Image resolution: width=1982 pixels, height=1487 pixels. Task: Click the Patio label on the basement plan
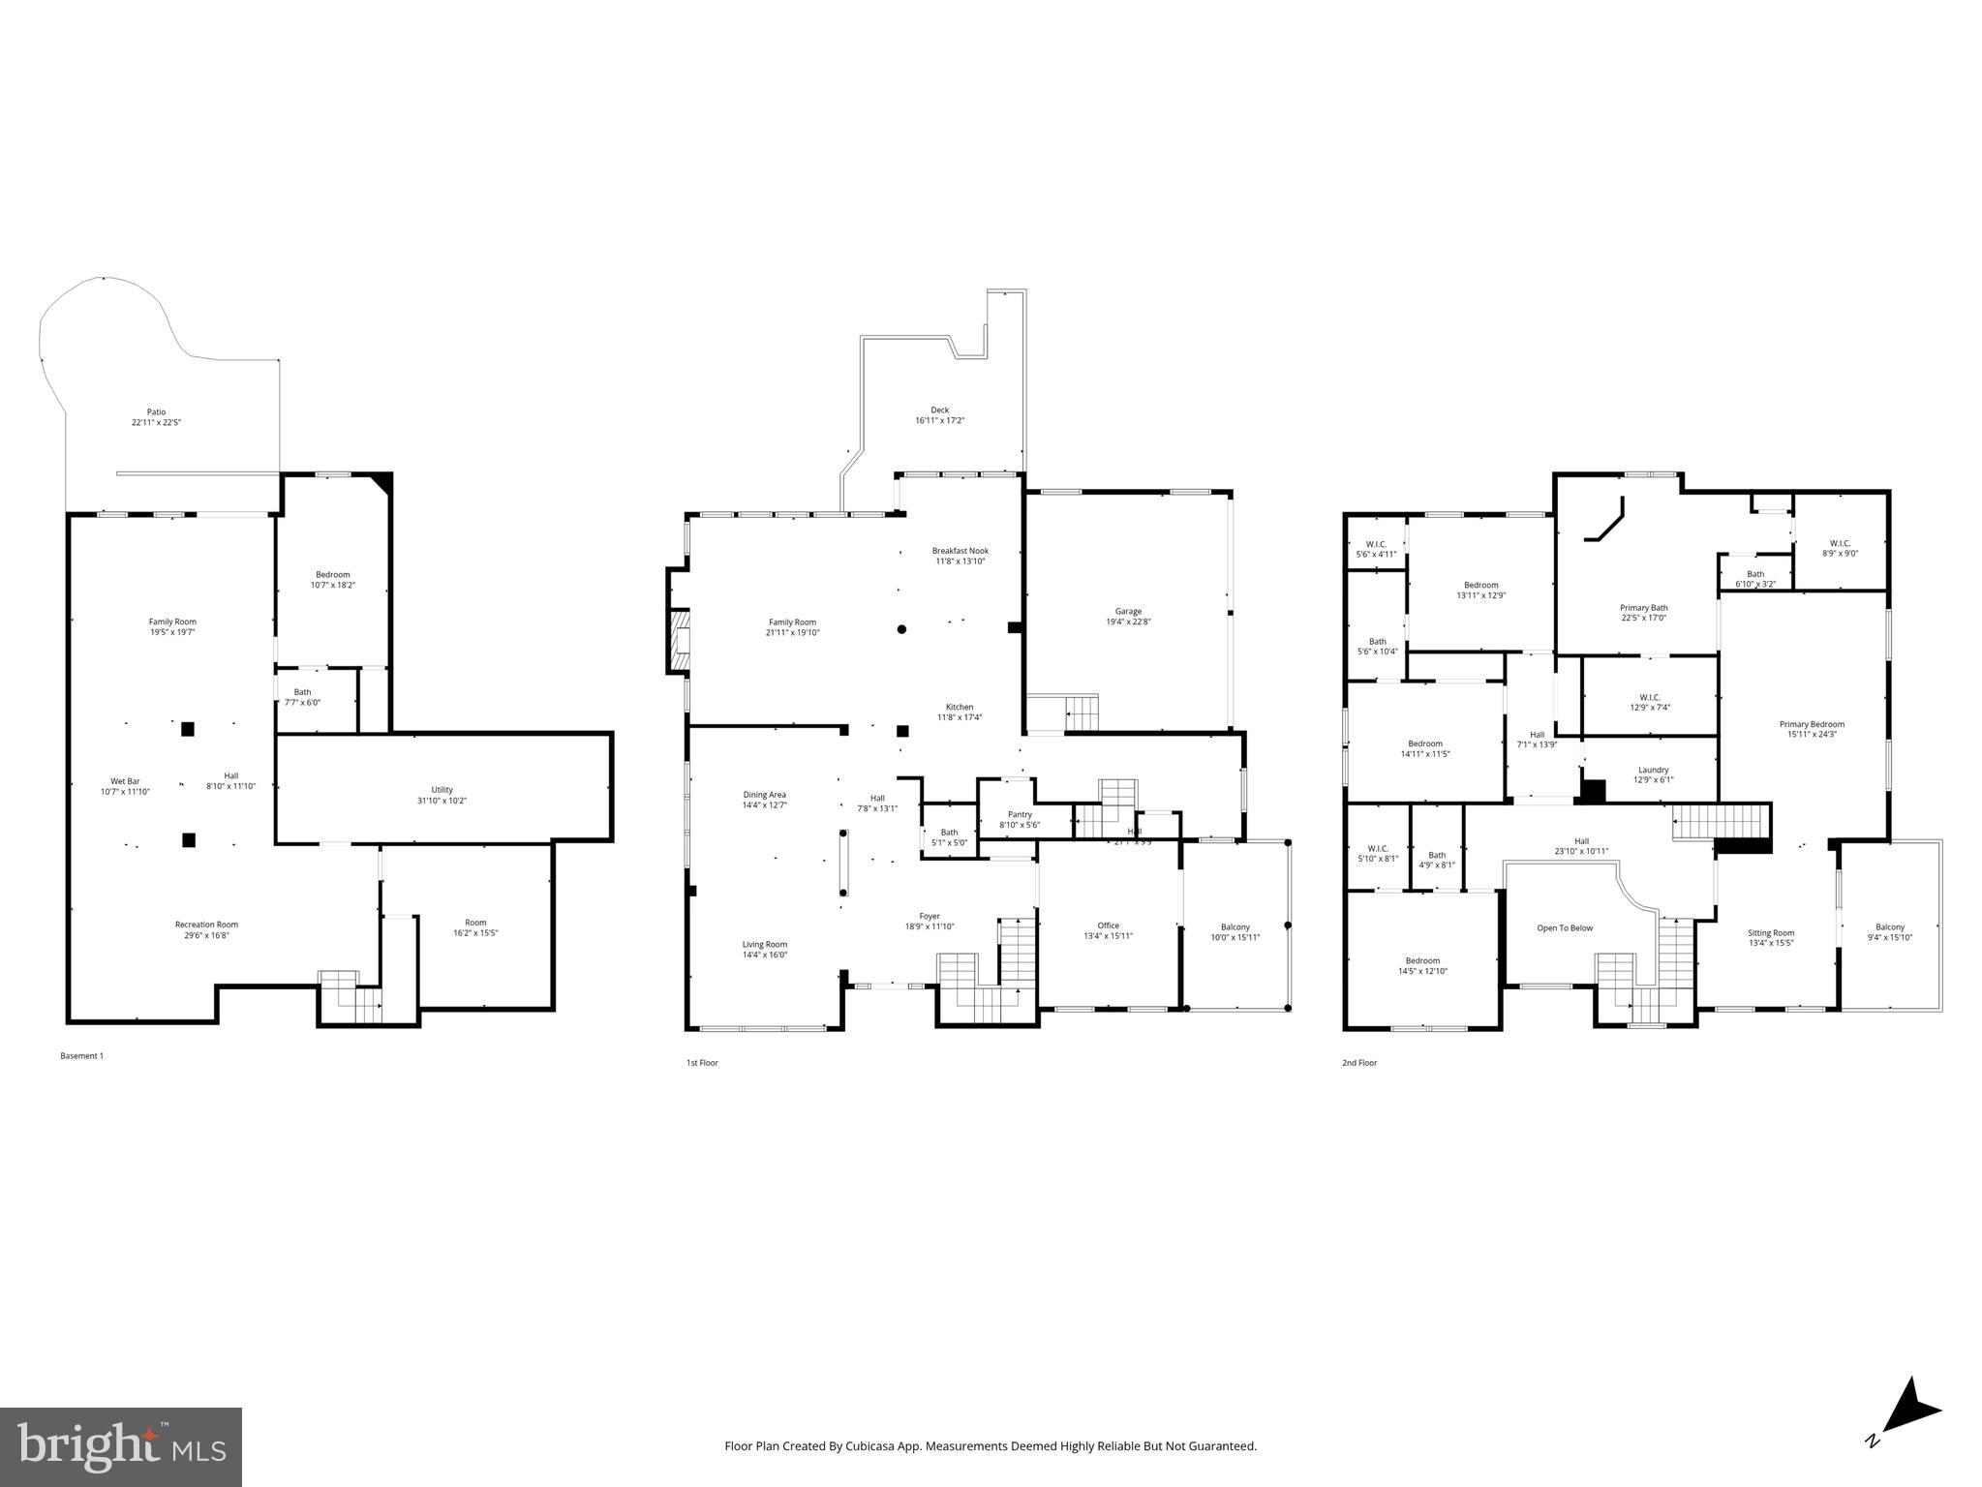point(156,411)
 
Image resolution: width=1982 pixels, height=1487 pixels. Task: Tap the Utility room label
point(442,790)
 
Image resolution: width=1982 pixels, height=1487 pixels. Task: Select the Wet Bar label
point(125,781)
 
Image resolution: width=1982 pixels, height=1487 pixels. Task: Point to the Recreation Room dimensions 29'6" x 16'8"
point(206,935)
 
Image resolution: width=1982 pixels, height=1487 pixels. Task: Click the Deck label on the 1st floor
point(939,410)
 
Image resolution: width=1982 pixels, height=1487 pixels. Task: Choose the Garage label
point(1128,611)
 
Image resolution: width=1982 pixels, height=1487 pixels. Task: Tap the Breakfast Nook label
point(960,551)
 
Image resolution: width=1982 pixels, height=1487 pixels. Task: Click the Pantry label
point(1020,814)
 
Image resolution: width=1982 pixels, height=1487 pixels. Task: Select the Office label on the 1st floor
point(1108,926)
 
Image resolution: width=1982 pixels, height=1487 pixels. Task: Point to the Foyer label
point(929,916)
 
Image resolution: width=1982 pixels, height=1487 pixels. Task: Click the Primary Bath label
point(1643,608)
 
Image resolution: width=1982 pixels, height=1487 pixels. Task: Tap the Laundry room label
point(1653,770)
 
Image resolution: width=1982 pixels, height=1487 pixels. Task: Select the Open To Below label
point(1564,928)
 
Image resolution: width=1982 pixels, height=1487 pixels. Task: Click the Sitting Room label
point(1770,933)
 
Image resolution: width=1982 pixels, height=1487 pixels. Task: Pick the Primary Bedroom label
point(1811,724)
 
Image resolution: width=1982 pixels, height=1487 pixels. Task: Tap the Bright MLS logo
point(121,1446)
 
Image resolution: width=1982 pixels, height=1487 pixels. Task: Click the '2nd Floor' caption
point(1358,1063)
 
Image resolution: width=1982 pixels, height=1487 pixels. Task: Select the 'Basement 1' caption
point(81,1056)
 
